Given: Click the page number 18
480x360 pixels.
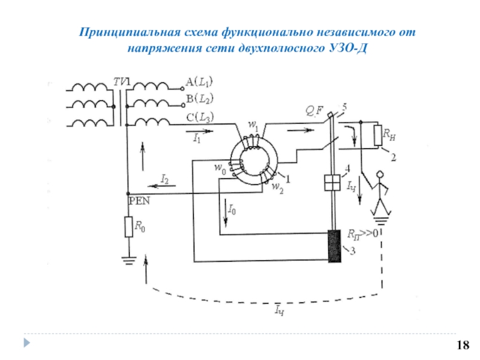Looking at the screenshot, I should pyautogui.click(x=463, y=345).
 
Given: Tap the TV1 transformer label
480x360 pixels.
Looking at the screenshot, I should pyautogui.click(x=122, y=80).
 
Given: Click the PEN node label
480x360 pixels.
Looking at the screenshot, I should pyautogui.click(x=139, y=200).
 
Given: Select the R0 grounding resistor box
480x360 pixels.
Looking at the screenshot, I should pyautogui.click(x=128, y=227).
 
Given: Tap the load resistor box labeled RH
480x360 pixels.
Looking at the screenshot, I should pyautogui.click(x=378, y=136).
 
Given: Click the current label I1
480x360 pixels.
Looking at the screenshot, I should pyautogui.click(x=196, y=138).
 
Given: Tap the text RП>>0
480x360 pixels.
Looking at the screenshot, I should pyautogui.click(x=363, y=233).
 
